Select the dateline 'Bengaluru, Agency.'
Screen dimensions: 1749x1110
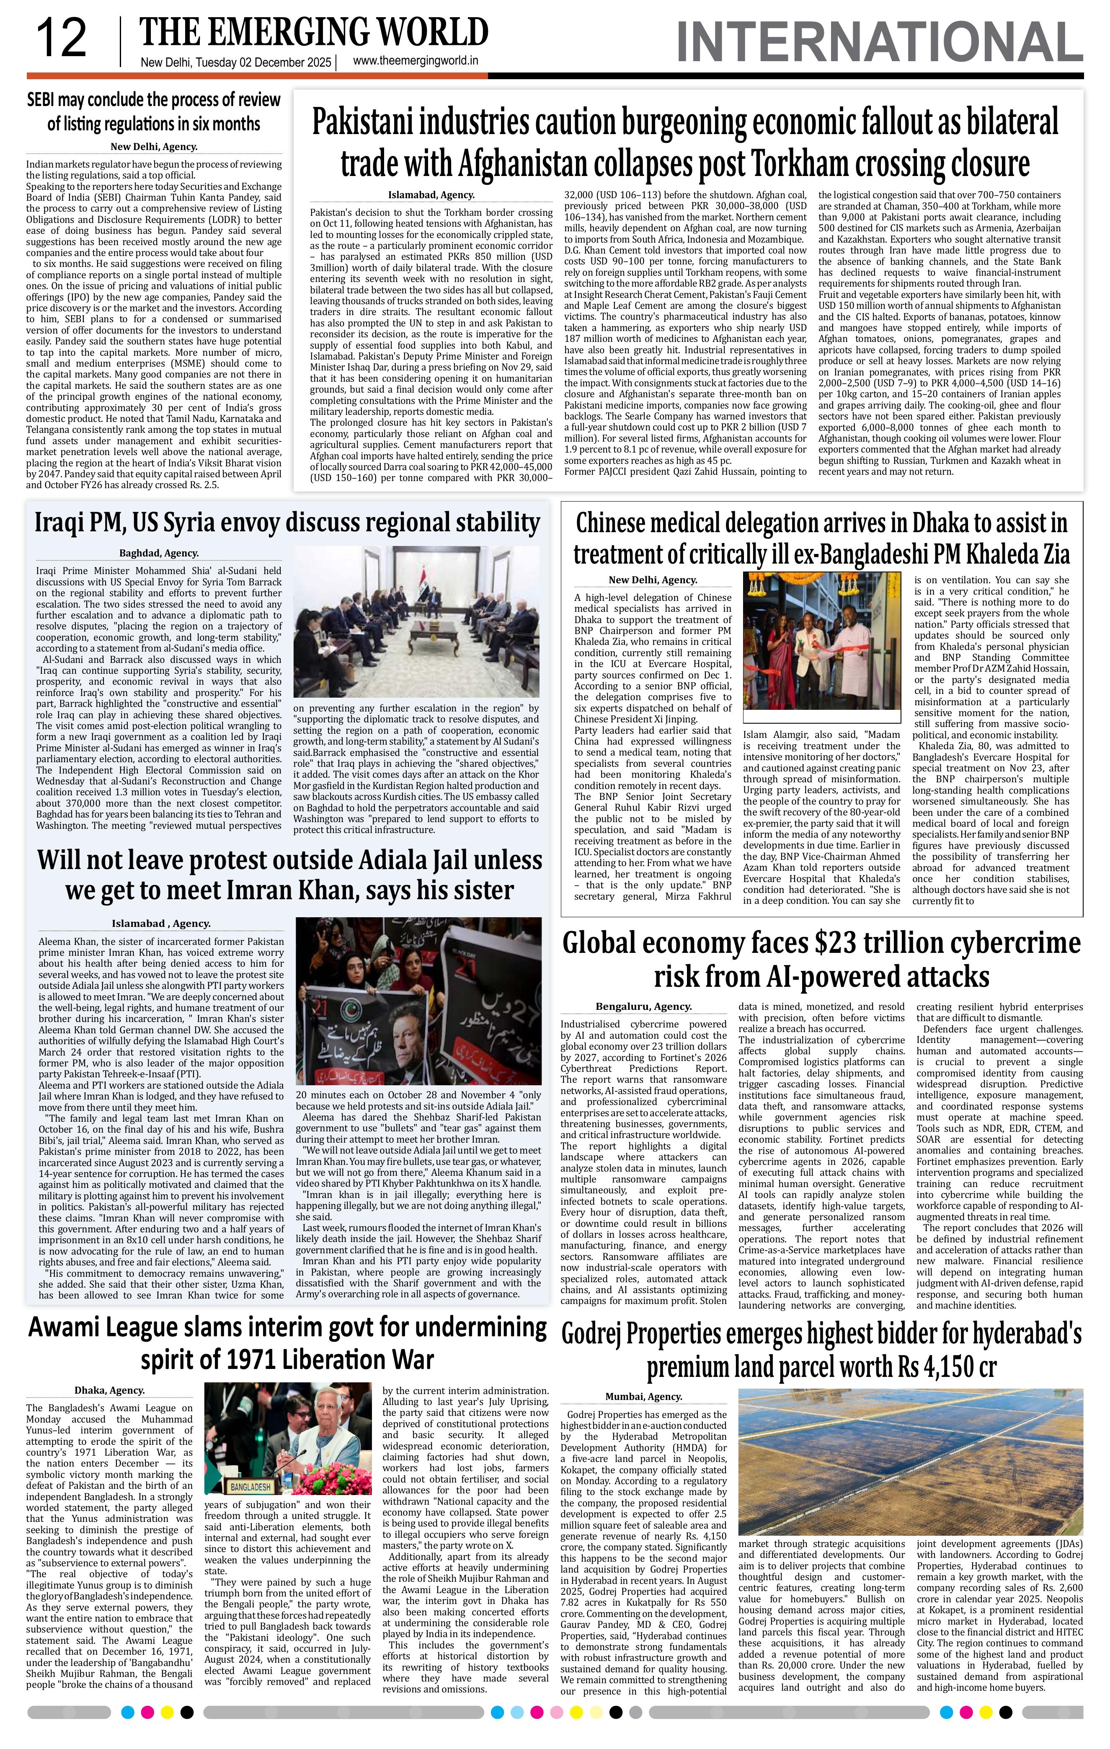pos(643,1006)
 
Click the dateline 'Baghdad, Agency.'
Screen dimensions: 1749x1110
pos(159,553)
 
